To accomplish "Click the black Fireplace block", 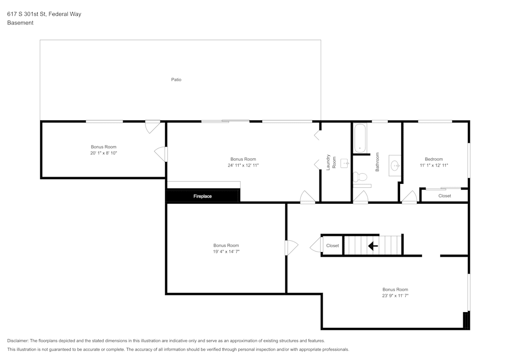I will click(203, 196).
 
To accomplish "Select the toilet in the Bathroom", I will click(360, 177).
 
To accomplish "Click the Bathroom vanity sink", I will click(395, 165).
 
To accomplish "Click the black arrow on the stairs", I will click(373, 246).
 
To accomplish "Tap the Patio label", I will click(176, 79).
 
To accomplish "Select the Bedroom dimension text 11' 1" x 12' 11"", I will click(434, 165).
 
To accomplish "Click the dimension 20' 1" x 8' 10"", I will click(104, 153).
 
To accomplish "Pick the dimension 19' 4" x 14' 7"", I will click(226, 252).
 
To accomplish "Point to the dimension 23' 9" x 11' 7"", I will click(395, 295).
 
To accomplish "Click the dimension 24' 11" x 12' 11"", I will click(243, 165).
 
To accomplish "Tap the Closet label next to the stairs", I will click(332, 245).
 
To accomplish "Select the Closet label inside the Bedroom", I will click(444, 196).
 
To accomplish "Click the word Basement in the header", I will click(20, 23).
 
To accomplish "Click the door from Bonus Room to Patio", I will click(152, 126).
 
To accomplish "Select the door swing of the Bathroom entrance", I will click(360, 198).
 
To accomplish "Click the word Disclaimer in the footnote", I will click(18, 341).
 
